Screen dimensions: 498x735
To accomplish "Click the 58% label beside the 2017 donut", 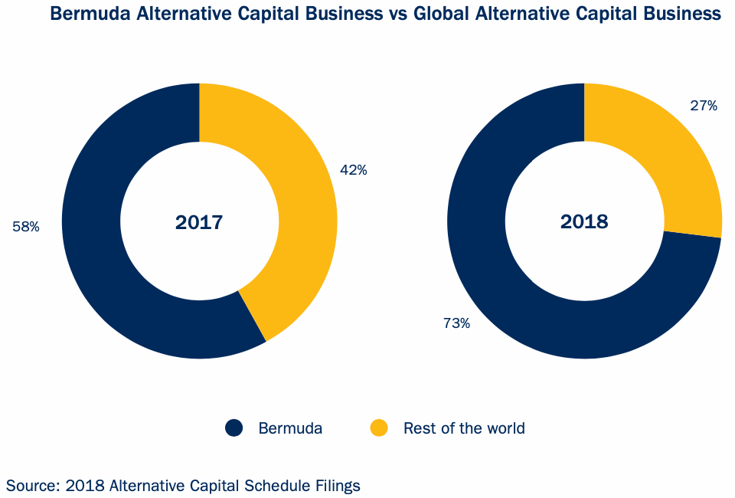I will pos(25,227).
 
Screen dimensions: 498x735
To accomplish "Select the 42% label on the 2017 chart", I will pos(353,170).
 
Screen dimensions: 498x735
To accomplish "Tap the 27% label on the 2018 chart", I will pos(703,106).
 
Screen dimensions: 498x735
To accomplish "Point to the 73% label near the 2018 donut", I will pos(456,323).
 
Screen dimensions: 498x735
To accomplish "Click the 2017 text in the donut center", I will pos(199,222).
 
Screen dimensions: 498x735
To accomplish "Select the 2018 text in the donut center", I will pos(584,222).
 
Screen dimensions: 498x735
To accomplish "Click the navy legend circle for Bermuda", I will pos(234,428).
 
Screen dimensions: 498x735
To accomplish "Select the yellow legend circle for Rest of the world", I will pos(379,428).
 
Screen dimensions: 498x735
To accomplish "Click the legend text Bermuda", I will pos(290,428).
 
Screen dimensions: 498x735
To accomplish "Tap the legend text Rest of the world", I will pos(464,428).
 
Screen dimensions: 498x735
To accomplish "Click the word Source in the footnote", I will pos(31,485).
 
